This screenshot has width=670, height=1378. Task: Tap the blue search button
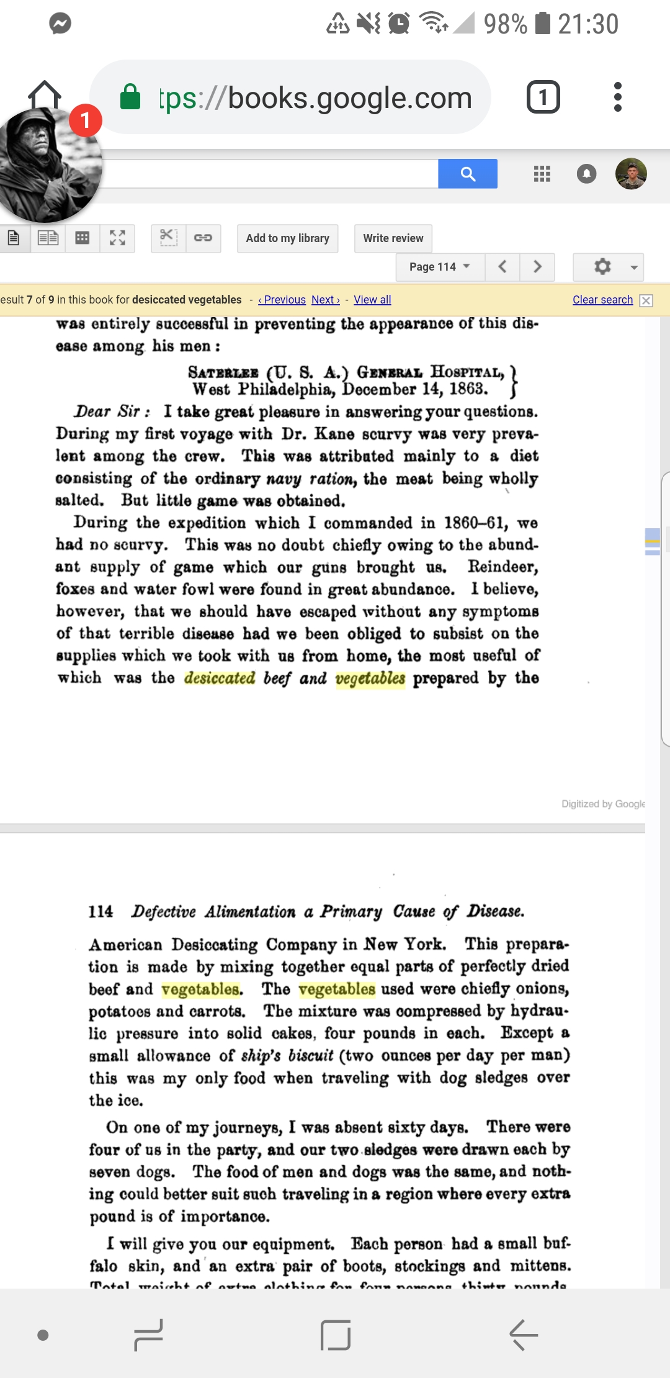click(x=468, y=174)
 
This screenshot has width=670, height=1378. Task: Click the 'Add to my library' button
click(x=287, y=238)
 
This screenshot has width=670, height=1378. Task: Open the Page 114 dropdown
click(x=440, y=267)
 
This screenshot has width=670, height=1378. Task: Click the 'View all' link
click(x=372, y=300)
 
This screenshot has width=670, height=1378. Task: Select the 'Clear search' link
click(x=602, y=300)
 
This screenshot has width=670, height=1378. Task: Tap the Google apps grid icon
click(x=542, y=174)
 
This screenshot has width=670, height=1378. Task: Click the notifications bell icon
click(x=586, y=174)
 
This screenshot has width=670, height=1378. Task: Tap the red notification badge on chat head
click(x=85, y=120)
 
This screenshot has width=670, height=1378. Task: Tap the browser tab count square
click(x=543, y=97)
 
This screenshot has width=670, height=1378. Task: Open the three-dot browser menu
click(x=617, y=97)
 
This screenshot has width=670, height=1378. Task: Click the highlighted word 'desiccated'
click(x=220, y=678)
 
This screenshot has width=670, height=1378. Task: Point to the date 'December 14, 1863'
click(x=415, y=390)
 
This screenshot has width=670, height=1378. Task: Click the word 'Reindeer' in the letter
click(x=502, y=567)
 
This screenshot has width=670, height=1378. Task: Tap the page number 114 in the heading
click(x=100, y=911)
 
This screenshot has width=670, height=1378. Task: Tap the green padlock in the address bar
click(x=130, y=97)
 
